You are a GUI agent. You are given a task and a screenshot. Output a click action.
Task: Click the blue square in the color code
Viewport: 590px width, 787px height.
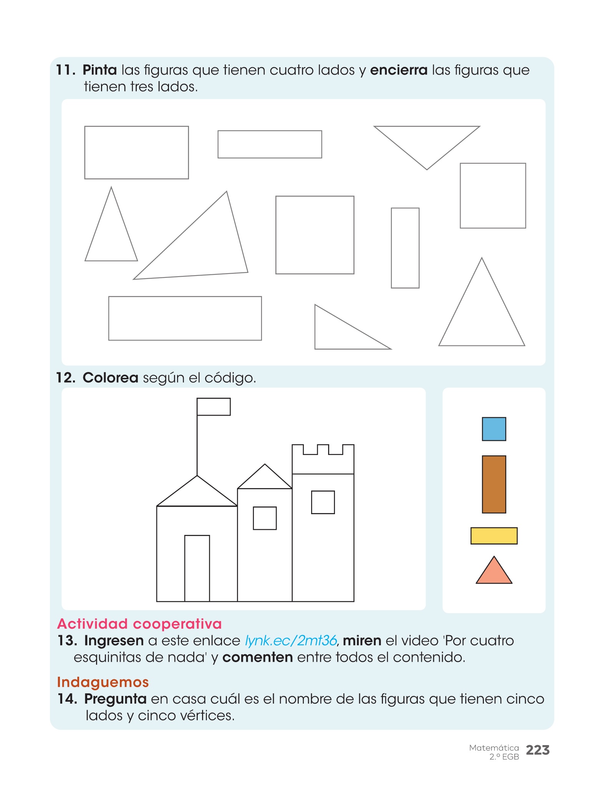pyautogui.click(x=494, y=429)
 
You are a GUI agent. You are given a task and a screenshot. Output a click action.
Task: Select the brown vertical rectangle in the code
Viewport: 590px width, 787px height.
pyautogui.click(x=494, y=484)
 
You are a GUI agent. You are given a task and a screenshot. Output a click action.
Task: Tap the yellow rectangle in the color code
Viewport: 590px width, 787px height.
pyautogui.click(x=494, y=536)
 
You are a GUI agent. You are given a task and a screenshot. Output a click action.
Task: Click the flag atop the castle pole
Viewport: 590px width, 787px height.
pyautogui.click(x=214, y=407)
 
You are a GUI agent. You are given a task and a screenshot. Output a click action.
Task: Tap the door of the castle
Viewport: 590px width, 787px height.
pyautogui.click(x=197, y=568)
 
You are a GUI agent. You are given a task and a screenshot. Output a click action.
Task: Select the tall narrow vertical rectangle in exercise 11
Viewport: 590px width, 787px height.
pyautogui.click(x=405, y=248)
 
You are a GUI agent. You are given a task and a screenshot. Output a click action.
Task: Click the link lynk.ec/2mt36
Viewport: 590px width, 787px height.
pyautogui.click(x=291, y=641)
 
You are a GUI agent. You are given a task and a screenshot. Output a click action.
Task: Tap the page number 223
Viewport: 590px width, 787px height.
pyautogui.click(x=538, y=750)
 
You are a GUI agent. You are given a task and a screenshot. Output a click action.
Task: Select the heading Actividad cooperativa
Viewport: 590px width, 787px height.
pyautogui.click(x=139, y=624)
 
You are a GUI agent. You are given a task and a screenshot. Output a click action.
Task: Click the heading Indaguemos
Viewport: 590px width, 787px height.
pyautogui.click(x=103, y=682)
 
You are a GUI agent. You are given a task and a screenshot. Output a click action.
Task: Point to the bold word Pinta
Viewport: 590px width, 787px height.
pyautogui.click(x=100, y=70)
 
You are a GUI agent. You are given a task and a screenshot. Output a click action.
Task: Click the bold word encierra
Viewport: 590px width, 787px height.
pyautogui.click(x=399, y=70)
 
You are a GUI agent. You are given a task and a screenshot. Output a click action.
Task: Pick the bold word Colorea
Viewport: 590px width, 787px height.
pyautogui.click(x=111, y=378)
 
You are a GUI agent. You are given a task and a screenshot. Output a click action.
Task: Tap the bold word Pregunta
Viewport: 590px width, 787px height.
pyautogui.click(x=115, y=699)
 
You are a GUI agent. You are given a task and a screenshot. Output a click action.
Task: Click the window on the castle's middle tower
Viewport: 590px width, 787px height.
pyautogui.click(x=265, y=518)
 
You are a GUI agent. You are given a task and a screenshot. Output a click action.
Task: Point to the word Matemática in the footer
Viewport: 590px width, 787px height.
pyautogui.click(x=494, y=748)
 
